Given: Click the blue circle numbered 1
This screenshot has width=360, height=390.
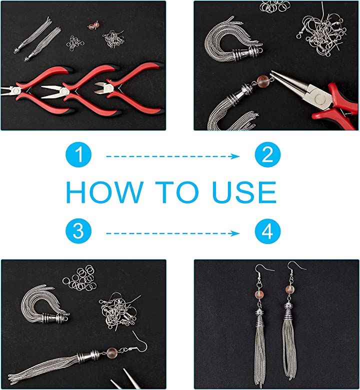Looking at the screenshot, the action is pyautogui.click(x=78, y=154).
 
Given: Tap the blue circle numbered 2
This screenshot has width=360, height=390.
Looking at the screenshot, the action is pyautogui.click(x=267, y=154).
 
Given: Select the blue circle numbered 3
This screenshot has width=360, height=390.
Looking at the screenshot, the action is pyautogui.click(x=78, y=231).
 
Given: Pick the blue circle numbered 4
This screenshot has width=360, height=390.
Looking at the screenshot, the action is pyautogui.click(x=267, y=231).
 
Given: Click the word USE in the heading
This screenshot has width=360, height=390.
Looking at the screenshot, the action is pyautogui.click(x=244, y=192).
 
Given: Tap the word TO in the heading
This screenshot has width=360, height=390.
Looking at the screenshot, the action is pyautogui.click(x=177, y=192).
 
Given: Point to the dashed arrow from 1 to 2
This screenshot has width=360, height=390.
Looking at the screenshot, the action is pyautogui.click(x=173, y=156).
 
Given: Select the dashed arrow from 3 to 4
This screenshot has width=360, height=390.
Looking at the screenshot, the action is pyautogui.click(x=173, y=233).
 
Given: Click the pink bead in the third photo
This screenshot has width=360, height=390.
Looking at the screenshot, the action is pyautogui.click(x=111, y=352).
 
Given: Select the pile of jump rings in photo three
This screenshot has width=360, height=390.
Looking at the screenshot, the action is pyautogui.click(x=79, y=278).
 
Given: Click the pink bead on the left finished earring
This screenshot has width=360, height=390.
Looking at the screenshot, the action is pyautogui.click(x=259, y=294).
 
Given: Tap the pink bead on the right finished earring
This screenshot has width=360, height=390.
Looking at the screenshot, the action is pyautogui.click(x=290, y=290).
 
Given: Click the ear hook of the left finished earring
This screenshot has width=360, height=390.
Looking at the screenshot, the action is pyautogui.click(x=261, y=268).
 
